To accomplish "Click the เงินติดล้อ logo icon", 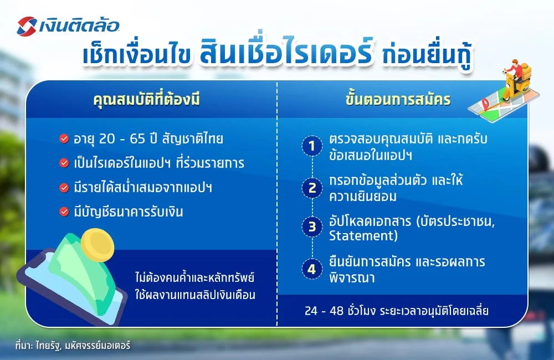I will [28, 25].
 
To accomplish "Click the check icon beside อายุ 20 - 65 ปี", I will [64, 139].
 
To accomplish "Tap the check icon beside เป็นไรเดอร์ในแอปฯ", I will [64, 163].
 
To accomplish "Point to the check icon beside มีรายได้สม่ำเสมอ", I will [64, 187].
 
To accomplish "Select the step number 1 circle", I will [312, 147].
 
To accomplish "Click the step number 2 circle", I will [312, 188].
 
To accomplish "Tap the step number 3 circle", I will [312, 228].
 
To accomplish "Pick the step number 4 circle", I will [312, 270].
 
